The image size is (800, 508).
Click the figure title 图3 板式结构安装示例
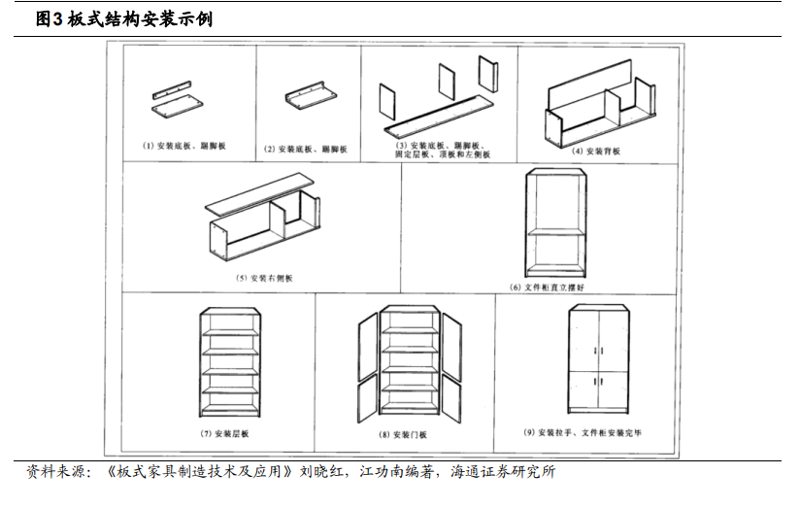pyautogui.click(x=124, y=18)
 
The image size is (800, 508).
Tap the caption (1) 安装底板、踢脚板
pyautogui.click(x=183, y=146)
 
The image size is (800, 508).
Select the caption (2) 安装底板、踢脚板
pyautogui.click(x=305, y=149)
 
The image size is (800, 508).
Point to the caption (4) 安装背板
pyautogui.click(x=596, y=152)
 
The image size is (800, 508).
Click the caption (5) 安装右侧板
pyautogui.click(x=264, y=278)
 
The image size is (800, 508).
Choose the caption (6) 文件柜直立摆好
pyautogui.click(x=547, y=288)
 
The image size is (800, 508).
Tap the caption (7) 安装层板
pyautogui.click(x=224, y=433)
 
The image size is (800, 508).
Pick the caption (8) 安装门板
pyautogui.click(x=403, y=434)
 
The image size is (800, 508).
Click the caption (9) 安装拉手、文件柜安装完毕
pyautogui.click(x=583, y=432)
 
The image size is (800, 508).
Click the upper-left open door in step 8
pyautogui.click(x=368, y=347)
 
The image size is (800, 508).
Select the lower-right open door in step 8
pyautogui.click(x=451, y=399)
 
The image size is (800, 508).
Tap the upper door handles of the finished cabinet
pyautogui.click(x=599, y=351)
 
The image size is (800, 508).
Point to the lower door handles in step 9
pyautogui.click(x=599, y=382)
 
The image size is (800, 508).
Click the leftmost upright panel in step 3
pyautogui.click(x=387, y=102)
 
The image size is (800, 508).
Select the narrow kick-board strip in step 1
pyautogui.click(x=172, y=90)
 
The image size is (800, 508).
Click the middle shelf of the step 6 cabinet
pyautogui.click(x=555, y=232)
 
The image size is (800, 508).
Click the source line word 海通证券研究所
pyautogui.click(x=503, y=471)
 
